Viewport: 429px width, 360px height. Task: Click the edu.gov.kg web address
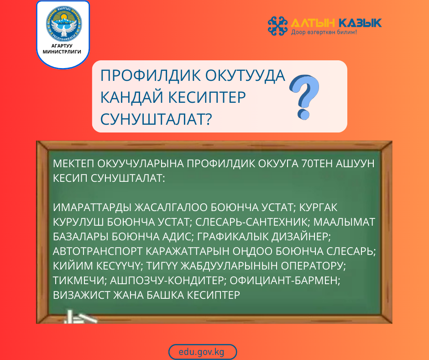tap(202, 352)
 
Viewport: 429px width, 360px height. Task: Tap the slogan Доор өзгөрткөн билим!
tap(324, 33)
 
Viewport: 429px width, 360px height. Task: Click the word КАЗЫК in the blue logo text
tap(361, 23)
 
